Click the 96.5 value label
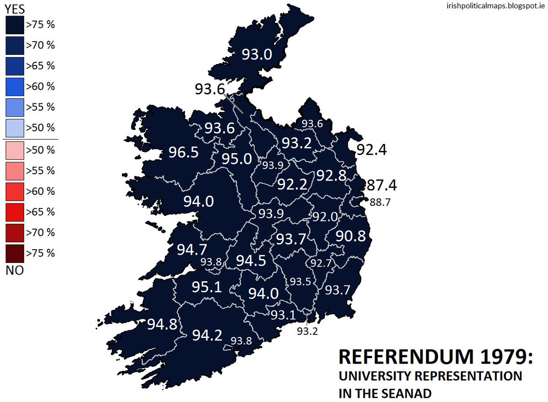click(184, 152)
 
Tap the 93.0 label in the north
click(257, 55)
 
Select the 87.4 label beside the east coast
click(382, 185)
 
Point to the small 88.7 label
click(380, 202)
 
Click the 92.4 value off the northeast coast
click(371, 149)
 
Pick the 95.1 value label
click(206, 287)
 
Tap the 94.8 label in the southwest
click(162, 324)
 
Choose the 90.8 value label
click(351, 236)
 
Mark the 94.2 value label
click(207, 335)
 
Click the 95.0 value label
click(237, 159)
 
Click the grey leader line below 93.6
click(234, 103)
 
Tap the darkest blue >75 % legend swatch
click(15, 25)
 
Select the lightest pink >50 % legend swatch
click(15, 150)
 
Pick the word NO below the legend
click(15, 270)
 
